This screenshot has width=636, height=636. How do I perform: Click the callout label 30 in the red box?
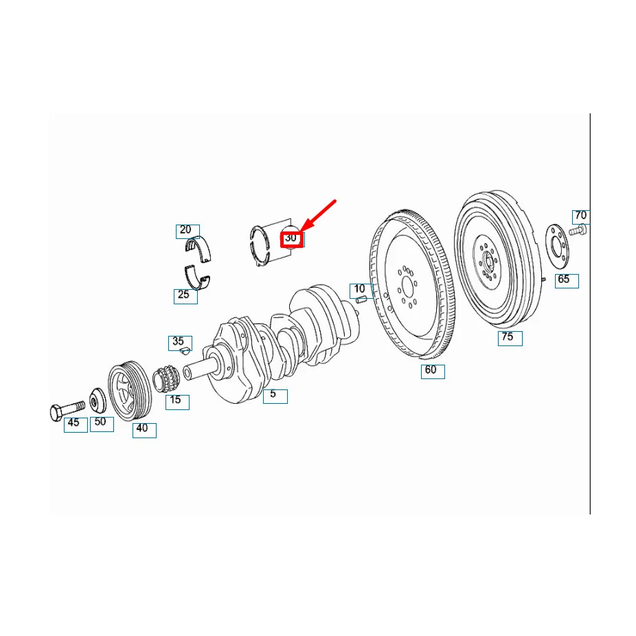pos(292,238)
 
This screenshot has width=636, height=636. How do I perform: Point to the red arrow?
pos(318,216)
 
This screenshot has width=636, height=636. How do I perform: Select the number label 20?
pos(186,231)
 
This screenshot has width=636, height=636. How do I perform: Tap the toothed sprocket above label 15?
pos(166,378)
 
